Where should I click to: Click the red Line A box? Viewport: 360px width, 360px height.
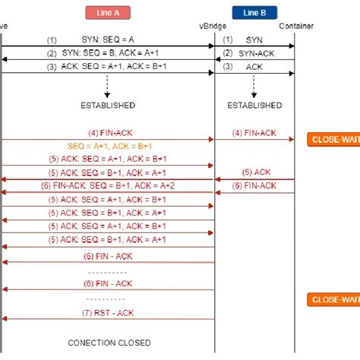109,12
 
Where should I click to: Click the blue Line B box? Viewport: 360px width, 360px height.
255,12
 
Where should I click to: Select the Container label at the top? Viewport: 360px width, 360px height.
295,27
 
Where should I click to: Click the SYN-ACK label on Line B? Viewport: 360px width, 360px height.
255,53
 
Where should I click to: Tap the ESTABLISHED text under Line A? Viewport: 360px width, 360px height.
107,105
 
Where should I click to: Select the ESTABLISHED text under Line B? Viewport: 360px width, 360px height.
254,105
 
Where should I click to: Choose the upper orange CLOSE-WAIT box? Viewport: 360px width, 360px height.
333,139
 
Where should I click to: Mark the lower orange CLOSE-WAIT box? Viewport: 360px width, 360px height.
333,300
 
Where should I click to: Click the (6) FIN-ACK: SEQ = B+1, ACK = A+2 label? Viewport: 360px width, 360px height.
109,185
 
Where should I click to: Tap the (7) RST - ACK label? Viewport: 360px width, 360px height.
109,312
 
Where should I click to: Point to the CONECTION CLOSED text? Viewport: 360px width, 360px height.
109,343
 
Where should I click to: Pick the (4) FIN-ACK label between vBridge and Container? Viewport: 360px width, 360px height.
255,132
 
